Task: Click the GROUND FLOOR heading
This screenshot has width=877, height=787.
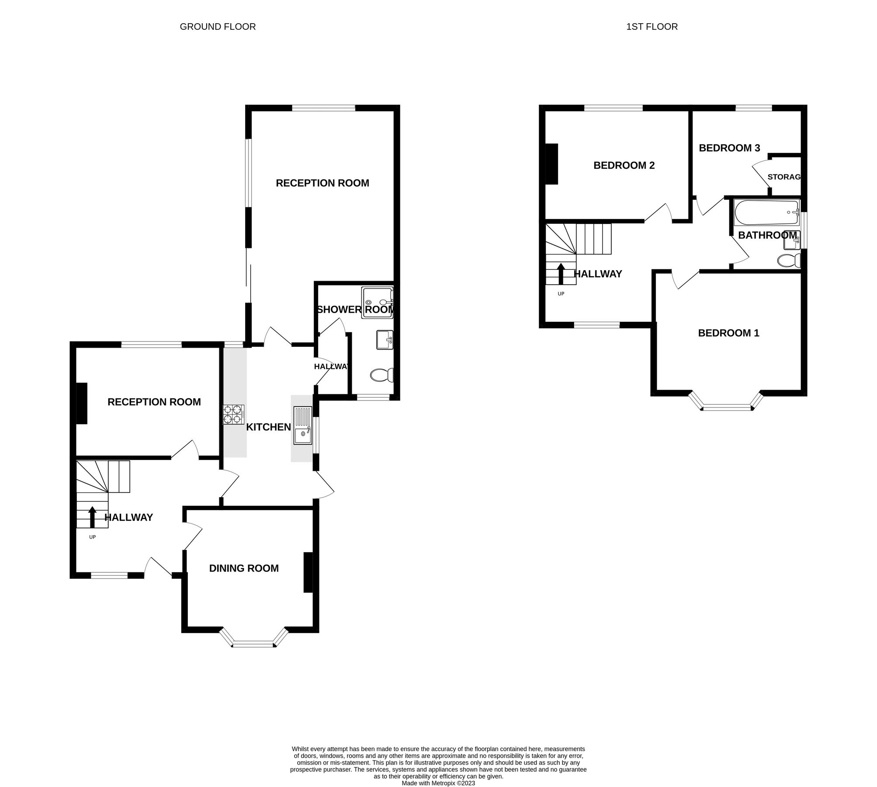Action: [x=218, y=27]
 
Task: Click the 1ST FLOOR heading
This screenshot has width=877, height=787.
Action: [x=652, y=27]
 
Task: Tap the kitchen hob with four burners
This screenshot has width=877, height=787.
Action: [x=233, y=414]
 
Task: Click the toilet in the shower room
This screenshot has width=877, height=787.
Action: [x=382, y=375]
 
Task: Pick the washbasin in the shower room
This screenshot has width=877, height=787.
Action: [x=385, y=340]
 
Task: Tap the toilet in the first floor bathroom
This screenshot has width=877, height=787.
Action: [x=789, y=261]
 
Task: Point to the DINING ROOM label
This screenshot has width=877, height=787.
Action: [x=244, y=568]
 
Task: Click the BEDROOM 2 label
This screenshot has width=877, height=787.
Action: [x=624, y=165]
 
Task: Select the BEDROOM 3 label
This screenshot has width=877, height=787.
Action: [x=729, y=148]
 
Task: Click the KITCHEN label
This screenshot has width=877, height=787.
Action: [x=268, y=427]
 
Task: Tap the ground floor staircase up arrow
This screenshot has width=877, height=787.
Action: [x=92, y=517]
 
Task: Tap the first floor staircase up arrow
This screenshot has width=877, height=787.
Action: [x=561, y=273]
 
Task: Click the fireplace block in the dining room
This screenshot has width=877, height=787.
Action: [x=308, y=572]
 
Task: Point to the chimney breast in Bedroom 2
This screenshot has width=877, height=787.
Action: [x=552, y=164]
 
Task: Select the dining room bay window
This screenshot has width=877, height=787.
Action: [x=254, y=643]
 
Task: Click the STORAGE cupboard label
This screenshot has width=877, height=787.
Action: [x=784, y=177]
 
